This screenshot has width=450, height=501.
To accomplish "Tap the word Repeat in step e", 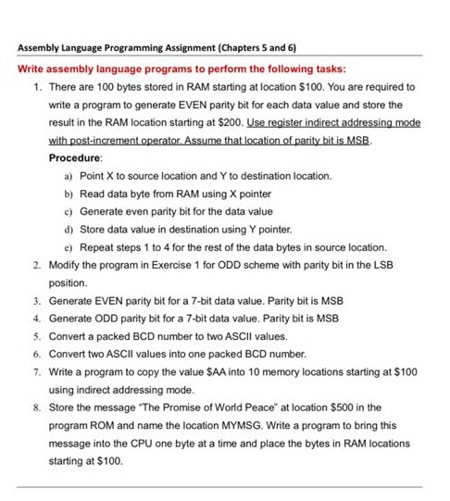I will (x=96, y=245).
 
